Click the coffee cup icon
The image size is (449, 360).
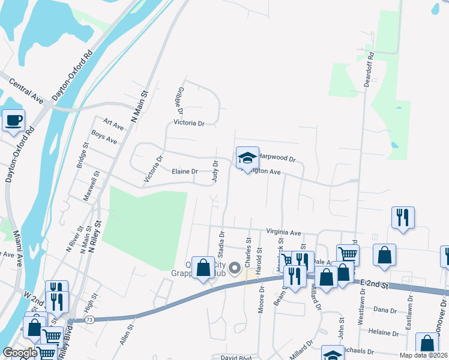click(x=13, y=119)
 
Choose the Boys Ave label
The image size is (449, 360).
click(x=104, y=138)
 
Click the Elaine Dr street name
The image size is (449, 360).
click(x=185, y=172)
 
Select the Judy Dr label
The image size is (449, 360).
click(x=215, y=170)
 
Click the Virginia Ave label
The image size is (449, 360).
click(x=283, y=232)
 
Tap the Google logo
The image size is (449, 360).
click(x=20, y=353)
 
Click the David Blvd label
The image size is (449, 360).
click(x=235, y=358)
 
